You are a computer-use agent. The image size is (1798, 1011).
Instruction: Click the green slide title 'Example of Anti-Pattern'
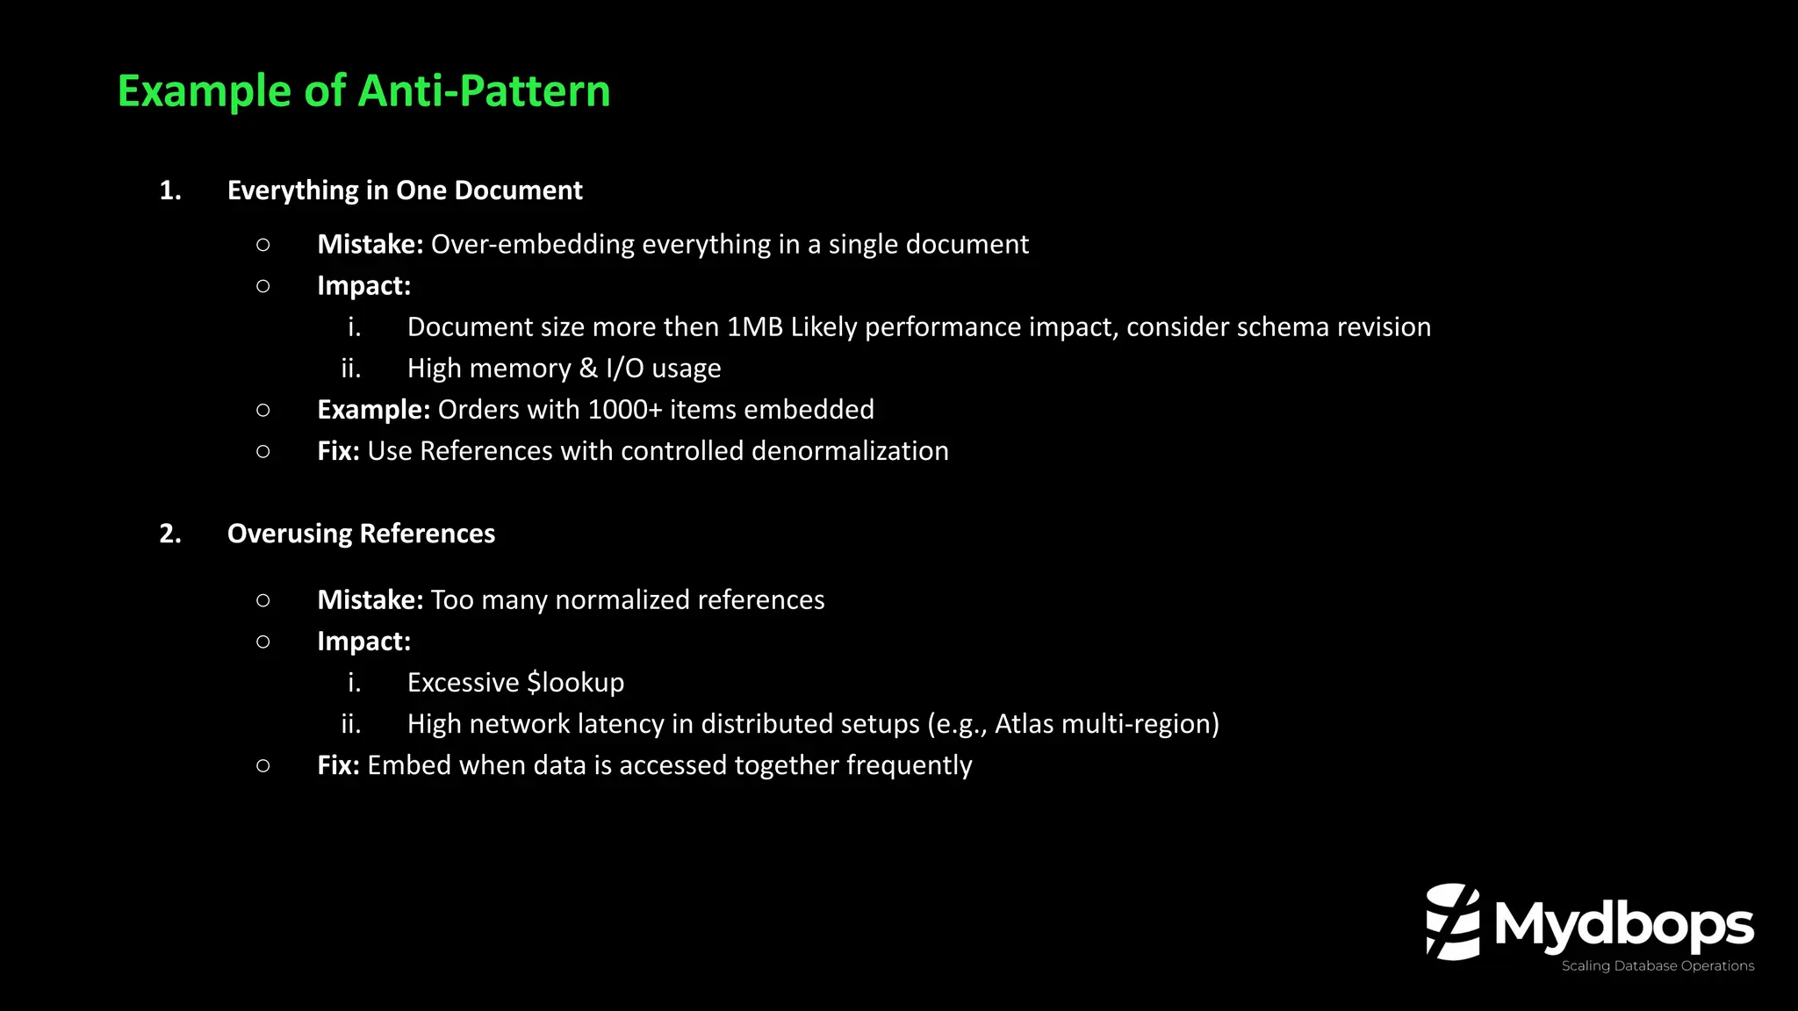[x=363, y=91]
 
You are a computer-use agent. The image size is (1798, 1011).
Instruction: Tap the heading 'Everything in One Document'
[x=405, y=190]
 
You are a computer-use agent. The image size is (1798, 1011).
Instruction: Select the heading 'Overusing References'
[x=361, y=534]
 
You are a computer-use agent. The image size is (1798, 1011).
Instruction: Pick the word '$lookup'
[x=575, y=683]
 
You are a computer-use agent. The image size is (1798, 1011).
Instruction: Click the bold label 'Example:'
[x=373, y=410]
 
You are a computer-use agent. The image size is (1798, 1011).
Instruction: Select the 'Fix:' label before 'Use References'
[x=338, y=451]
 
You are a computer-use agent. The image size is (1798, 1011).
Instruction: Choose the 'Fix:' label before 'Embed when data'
[x=338, y=765]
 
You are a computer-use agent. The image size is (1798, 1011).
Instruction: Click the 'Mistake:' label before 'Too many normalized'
[x=370, y=600]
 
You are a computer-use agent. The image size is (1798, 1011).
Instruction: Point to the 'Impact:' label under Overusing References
[x=363, y=642]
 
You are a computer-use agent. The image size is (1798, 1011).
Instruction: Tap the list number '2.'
[x=170, y=534]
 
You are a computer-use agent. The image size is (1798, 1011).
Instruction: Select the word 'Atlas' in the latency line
[x=1024, y=724]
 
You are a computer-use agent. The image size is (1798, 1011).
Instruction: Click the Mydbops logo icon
[x=1452, y=921]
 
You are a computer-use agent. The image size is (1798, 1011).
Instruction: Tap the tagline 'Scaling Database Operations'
[x=1658, y=966]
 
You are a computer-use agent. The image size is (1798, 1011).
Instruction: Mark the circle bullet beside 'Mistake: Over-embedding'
[x=263, y=245]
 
